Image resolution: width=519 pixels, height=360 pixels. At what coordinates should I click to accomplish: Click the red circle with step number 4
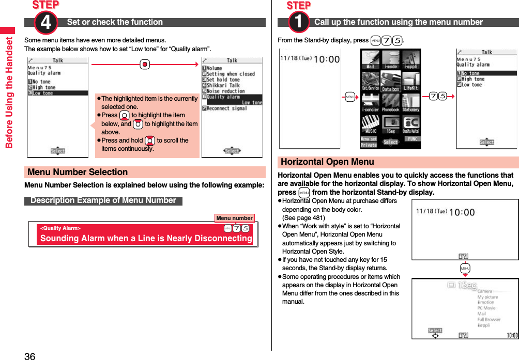[45, 23]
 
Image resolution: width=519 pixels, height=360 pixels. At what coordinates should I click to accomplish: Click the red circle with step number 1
[299, 23]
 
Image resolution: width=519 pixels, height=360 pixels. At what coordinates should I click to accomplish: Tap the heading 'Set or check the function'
[115, 22]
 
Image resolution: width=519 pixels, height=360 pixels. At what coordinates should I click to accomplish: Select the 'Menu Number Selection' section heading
[78, 172]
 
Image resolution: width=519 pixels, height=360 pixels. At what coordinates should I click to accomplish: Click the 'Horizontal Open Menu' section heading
[327, 162]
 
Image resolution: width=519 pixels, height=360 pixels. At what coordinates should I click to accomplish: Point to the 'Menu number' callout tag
[234, 218]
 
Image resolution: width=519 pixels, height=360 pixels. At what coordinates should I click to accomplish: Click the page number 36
[29, 355]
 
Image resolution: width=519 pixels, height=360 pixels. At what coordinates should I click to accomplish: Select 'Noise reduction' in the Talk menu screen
[225, 91]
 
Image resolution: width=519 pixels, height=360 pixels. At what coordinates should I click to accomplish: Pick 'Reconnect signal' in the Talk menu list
[226, 108]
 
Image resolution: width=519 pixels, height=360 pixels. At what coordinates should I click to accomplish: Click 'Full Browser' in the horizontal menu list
[489, 320]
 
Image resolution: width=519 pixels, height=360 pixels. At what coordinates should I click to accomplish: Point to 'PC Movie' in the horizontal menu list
[486, 308]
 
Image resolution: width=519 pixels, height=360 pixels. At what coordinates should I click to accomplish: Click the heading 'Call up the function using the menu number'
[398, 22]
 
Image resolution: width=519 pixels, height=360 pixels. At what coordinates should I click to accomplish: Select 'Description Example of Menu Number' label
[103, 200]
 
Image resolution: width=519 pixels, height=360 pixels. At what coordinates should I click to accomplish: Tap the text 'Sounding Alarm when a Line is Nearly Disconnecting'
[146, 238]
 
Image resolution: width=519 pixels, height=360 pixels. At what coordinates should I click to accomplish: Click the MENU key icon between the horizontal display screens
[465, 269]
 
